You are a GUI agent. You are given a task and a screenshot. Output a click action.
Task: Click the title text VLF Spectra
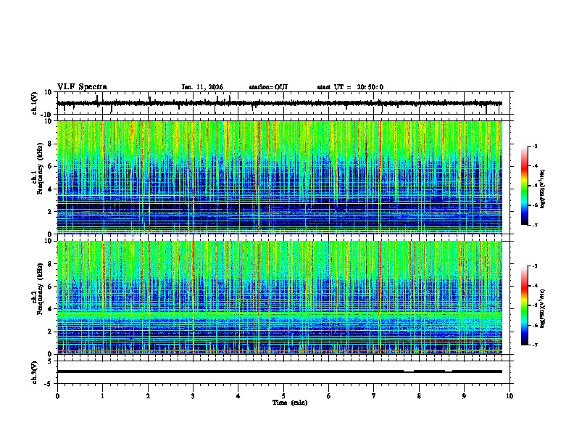82,87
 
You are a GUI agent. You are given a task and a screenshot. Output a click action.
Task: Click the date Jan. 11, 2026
201,87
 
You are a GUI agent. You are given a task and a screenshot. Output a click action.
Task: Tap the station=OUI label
268,87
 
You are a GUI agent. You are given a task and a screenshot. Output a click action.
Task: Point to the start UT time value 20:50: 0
367,87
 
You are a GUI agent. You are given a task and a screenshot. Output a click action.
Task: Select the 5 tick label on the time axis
283,395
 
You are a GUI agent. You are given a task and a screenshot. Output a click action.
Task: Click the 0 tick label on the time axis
57,395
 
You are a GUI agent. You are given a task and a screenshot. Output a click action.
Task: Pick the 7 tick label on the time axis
374,395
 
